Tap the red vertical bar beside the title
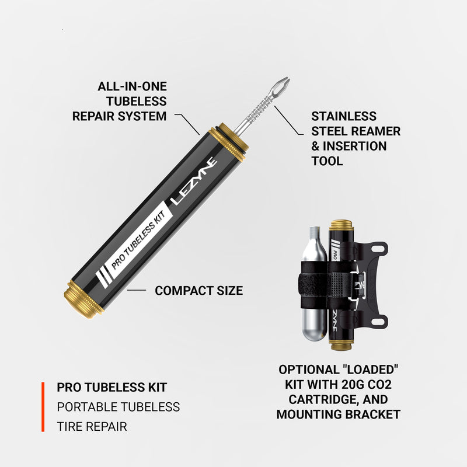[x=43, y=407]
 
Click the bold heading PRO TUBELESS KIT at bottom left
[x=112, y=388]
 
